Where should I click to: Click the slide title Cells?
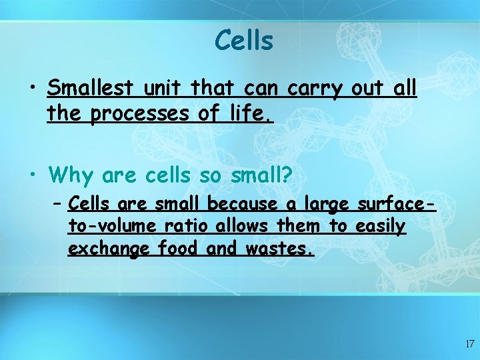(x=243, y=41)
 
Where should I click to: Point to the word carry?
(x=315, y=88)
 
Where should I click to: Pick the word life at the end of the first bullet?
(x=251, y=115)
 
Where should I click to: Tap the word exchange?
(x=110, y=251)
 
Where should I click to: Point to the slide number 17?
(x=469, y=345)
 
